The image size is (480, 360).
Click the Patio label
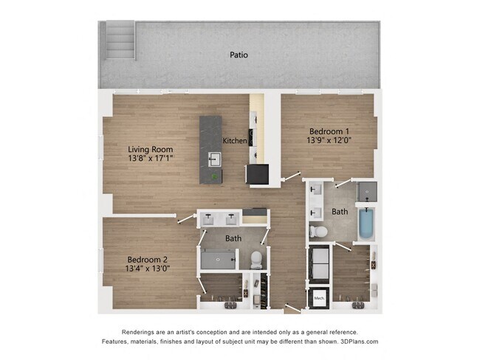pos(238,55)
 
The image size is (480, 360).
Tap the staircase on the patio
pos(120,40)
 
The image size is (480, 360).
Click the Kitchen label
pos(235,140)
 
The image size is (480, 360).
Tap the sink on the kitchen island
pos(214,158)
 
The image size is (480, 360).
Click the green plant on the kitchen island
pos(215,176)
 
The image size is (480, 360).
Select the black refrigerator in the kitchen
pos(258,174)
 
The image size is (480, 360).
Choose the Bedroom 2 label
pos(148,259)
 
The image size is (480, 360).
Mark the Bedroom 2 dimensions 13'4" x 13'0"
pos(148,269)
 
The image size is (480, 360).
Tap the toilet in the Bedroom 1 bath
pos(319,232)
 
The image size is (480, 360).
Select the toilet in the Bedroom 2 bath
pos(256,259)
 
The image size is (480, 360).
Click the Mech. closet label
pos(319,298)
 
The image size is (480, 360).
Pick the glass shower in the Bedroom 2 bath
pos(217,259)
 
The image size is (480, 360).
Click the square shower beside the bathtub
pos(367,192)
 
